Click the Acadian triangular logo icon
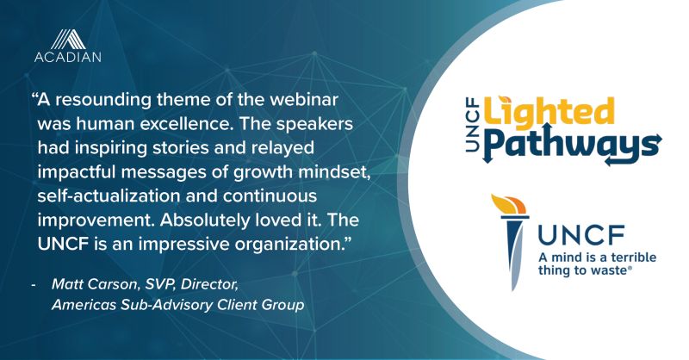coord(68,39)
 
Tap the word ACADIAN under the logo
coord(68,57)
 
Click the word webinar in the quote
coord(304,99)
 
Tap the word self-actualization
coord(109,196)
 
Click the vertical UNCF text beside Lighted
coord(472,126)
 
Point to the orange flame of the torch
coord(509,204)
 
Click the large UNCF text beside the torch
coord(581,235)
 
